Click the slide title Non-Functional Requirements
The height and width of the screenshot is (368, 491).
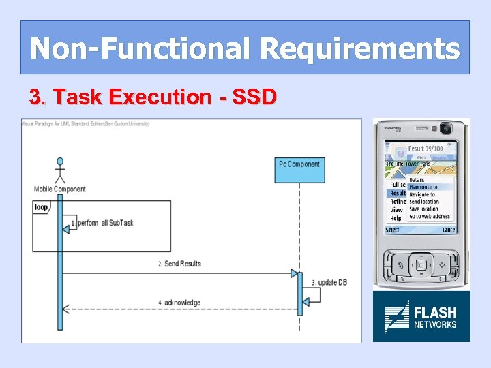pyautogui.click(x=245, y=48)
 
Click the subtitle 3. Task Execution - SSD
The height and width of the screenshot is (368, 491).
pyautogui.click(x=153, y=97)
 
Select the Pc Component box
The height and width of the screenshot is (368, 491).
pyautogui.click(x=299, y=170)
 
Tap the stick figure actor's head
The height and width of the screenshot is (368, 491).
pyautogui.click(x=60, y=162)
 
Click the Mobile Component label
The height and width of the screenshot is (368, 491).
pyautogui.click(x=60, y=189)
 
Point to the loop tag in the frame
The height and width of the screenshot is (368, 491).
pyautogui.click(x=41, y=207)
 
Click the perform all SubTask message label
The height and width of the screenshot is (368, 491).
pyautogui.click(x=105, y=223)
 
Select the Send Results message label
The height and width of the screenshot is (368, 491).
pyautogui.click(x=181, y=264)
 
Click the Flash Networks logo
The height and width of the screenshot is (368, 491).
pyautogui.click(x=421, y=317)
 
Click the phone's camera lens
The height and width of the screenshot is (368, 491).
pyautogui.click(x=447, y=127)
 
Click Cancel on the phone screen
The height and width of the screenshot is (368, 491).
pyautogui.click(x=449, y=230)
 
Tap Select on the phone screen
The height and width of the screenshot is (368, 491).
pyautogui.click(x=393, y=230)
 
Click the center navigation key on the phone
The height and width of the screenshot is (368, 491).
pyautogui.click(x=421, y=264)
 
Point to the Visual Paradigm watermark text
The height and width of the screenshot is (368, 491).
pyautogui.click(x=85, y=124)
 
